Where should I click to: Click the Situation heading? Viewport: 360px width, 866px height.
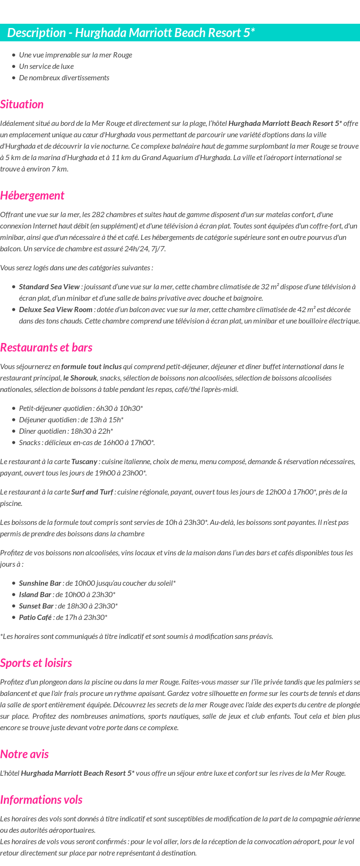pos(22,105)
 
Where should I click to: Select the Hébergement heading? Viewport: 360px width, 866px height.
pos(32,196)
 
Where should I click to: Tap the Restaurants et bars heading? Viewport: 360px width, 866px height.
pos(46,348)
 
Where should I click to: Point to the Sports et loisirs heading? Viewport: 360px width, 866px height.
pos(36,663)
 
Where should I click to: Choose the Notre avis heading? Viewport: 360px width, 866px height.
pos(24,754)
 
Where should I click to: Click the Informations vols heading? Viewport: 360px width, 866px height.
pos(41,800)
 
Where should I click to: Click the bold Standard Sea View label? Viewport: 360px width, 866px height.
pos(49,287)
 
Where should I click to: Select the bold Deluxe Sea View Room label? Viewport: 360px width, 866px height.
pos(56,310)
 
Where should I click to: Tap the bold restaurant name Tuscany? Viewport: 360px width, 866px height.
pos(84,462)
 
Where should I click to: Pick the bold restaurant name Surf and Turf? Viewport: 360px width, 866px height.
pos(92,492)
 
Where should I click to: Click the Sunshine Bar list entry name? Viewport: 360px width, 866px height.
pos(40,583)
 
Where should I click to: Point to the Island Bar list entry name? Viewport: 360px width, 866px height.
pos(35,595)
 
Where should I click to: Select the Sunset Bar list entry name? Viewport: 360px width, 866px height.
pos(36,606)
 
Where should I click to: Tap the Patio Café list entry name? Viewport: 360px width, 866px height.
pos(35,618)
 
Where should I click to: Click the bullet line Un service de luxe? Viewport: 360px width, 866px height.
pos(46,67)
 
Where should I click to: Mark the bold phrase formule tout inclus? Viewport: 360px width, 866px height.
pos(91,367)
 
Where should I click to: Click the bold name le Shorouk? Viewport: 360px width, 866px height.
pos(80,378)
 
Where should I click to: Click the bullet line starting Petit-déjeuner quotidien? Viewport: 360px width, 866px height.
pos(81,409)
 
